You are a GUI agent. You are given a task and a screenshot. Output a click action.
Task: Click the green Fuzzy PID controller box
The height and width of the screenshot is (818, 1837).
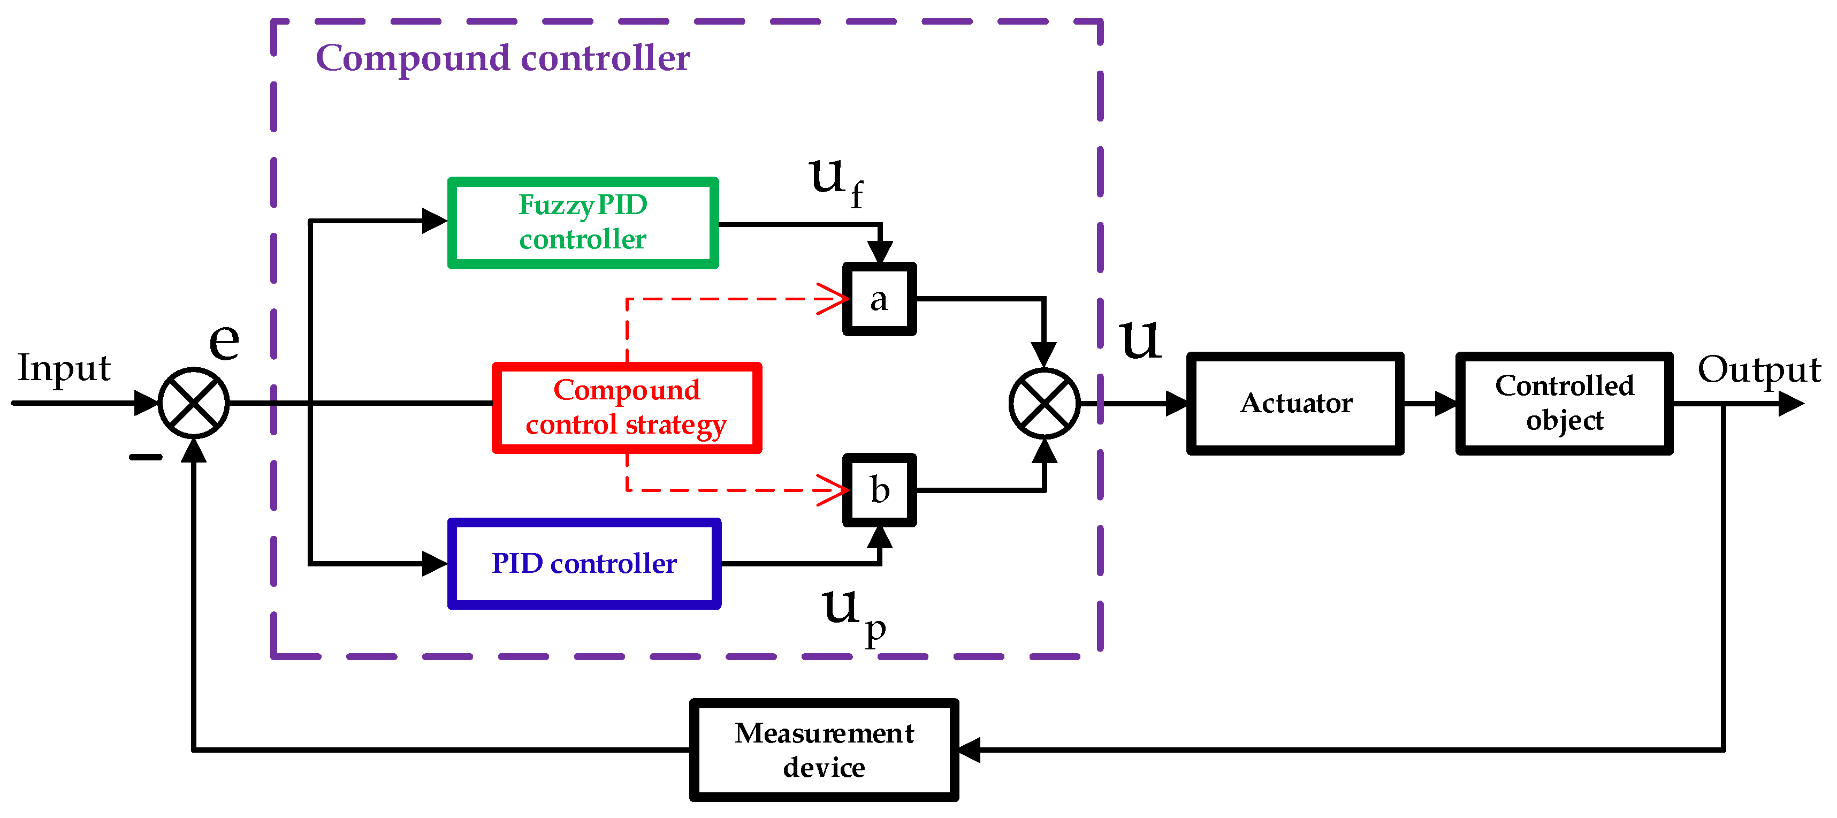583,223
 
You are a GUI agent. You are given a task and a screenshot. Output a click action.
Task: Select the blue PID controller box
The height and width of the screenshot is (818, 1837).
584,563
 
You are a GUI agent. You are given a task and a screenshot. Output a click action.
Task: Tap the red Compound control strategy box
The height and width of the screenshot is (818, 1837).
627,407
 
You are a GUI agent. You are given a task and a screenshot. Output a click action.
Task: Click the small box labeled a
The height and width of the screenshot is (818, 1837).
879,299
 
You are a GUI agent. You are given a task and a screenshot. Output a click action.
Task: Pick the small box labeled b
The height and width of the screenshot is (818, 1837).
879,490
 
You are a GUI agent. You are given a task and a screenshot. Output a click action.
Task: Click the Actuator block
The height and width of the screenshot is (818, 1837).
1295,403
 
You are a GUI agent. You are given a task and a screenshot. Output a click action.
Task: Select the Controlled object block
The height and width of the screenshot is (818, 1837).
1564,403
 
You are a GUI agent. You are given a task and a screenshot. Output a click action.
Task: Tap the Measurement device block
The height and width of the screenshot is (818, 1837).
824,749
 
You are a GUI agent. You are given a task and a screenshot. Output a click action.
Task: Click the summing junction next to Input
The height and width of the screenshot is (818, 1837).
193,403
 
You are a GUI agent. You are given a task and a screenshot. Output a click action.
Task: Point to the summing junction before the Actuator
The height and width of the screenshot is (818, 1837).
1044,403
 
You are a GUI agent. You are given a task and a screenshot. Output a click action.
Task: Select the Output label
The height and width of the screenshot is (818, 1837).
1758,370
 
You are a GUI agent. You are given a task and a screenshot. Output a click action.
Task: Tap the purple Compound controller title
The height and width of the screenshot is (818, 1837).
503,58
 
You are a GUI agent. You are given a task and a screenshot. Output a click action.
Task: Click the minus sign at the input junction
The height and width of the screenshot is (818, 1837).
146,457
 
